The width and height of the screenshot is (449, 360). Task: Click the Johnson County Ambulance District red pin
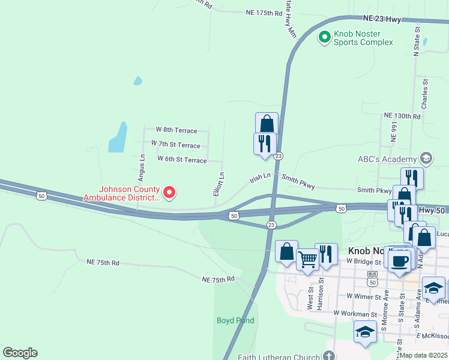pyautogui.click(x=169, y=192)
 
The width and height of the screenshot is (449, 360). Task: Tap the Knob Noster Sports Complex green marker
pyautogui.click(x=324, y=37)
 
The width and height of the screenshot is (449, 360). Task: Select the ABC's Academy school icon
pyautogui.click(x=426, y=158)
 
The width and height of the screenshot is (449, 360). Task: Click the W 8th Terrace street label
pyautogui.click(x=176, y=129)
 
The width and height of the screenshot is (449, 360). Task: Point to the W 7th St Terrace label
pyautogui.click(x=175, y=145)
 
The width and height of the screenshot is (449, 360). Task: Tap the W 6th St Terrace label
pyautogui.click(x=182, y=159)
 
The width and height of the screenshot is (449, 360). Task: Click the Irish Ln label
pyautogui.click(x=261, y=177)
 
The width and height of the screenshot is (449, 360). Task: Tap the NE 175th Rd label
pyautogui.click(x=264, y=12)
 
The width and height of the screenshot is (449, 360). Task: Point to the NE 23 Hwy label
pyautogui.click(x=382, y=19)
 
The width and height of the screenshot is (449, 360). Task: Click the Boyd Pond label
pyautogui.click(x=235, y=320)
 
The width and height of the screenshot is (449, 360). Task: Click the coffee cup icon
pyautogui.click(x=400, y=261)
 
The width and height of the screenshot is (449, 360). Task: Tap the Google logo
pyautogui.click(x=20, y=353)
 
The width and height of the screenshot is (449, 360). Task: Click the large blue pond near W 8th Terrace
pyautogui.click(x=118, y=137)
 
